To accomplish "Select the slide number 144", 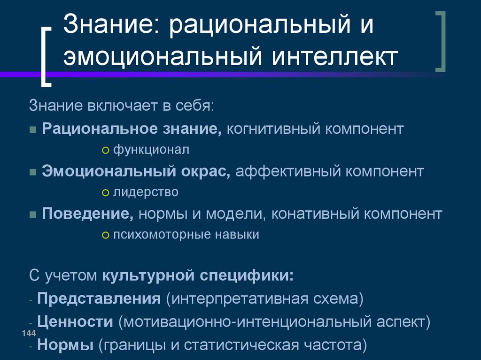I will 29,333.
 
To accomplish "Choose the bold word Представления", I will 99,298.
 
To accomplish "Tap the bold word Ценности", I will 75,322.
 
